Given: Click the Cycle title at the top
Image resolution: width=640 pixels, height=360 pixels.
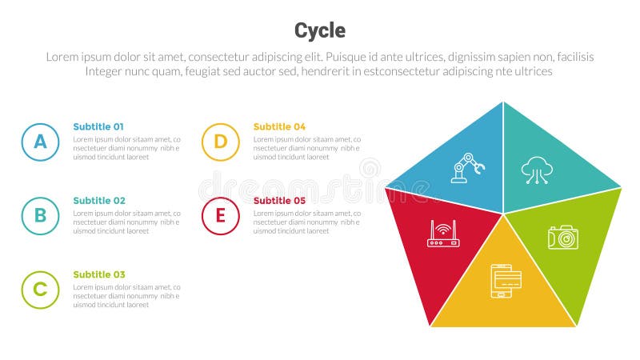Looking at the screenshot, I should click(x=320, y=30).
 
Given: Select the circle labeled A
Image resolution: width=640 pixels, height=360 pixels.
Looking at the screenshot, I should click(x=40, y=142).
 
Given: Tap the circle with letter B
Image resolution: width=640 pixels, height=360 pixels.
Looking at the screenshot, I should click(x=40, y=216).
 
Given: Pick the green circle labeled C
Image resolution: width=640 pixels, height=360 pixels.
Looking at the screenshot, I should click(x=40, y=290).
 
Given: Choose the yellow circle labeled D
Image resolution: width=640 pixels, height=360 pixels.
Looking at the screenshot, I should click(x=220, y=142).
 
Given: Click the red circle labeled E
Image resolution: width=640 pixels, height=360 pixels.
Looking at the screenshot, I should click(x=220, y=216).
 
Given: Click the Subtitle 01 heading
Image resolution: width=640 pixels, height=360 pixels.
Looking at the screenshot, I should click(x=98, y=126).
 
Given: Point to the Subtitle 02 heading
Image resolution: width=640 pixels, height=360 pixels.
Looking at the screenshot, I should click(x=98, y=200).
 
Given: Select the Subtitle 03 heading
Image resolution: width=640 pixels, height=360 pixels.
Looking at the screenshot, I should click(x=98, y=274).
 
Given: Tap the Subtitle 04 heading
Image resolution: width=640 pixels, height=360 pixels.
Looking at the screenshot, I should click(x=279, y=126).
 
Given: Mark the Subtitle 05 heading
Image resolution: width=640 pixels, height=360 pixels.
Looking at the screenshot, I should click(x=279, y=200).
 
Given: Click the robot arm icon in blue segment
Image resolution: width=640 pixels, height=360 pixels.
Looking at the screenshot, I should click(x=468, y=168).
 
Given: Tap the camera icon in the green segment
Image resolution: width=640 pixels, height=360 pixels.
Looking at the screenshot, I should click(x=562, y=237).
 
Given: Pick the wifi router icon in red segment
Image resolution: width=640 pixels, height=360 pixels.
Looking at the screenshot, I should click(x=442, y=234).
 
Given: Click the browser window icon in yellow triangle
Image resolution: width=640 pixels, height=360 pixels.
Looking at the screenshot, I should click(x=506, y=281).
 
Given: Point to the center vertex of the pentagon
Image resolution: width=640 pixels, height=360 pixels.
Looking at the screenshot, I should click(x=503, y=214).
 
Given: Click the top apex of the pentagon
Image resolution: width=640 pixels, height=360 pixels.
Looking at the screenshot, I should click(x=503, y=102).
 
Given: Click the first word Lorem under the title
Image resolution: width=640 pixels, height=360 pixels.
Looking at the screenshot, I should click(x=62, y=58).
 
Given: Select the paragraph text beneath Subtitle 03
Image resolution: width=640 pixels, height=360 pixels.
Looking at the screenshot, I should click(x=126, y=296).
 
